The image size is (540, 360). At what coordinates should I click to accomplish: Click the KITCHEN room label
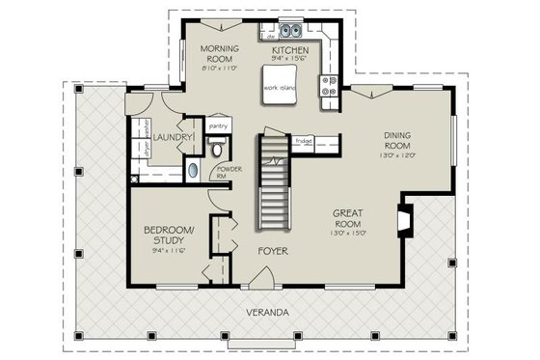pyautogui.click(x=289, y=49)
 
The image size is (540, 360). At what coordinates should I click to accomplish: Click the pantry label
pyautogui.click(x=217, y=125)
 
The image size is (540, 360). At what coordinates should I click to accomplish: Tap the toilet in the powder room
pyautogui.click(x=217, y=148)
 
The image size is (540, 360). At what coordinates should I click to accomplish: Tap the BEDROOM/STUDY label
pyautogui.click(x=169, y=235)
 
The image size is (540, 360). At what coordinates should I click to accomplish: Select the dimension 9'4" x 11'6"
pyautogui.click(x=169, y=250)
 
